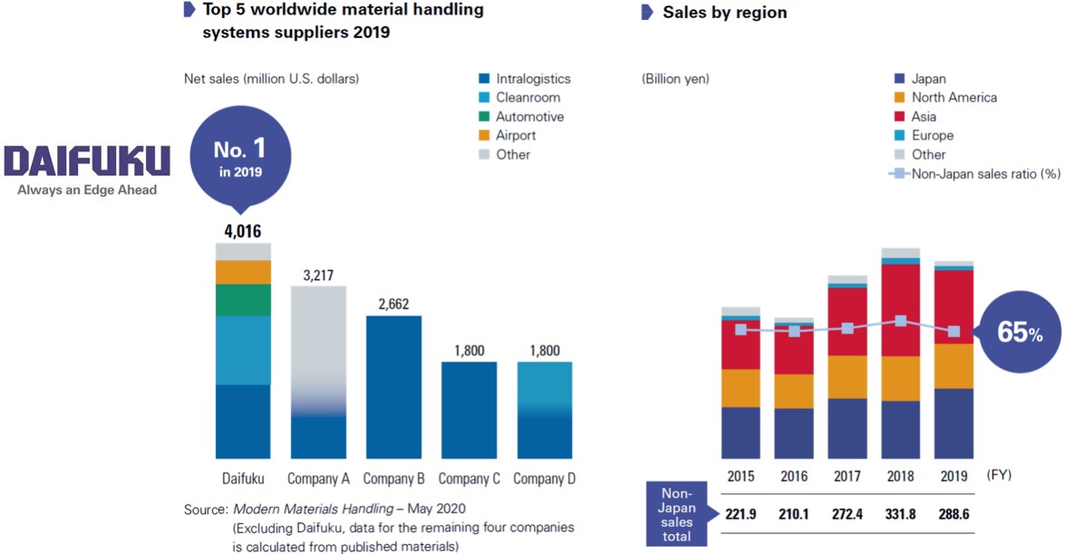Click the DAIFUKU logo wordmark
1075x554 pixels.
tap(87, 161)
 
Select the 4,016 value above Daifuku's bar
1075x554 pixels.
tap(243, 231)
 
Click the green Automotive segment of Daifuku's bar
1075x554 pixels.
tap(243, 299)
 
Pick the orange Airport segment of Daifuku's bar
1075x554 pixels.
tap(243, 272)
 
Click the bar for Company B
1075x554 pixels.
tap(393, 386)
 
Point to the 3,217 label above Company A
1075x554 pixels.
tap(318, 275)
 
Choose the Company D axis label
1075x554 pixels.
tap(545, 479)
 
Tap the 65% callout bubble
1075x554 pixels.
tap(1019, 333)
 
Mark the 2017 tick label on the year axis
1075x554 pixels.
tap(847, 475)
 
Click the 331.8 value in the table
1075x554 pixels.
tap(900, 514)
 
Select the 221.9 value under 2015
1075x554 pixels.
tap(741, 514)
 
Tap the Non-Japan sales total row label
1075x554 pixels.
tap(678, 514)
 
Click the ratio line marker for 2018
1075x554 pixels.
tap(900, 321)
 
